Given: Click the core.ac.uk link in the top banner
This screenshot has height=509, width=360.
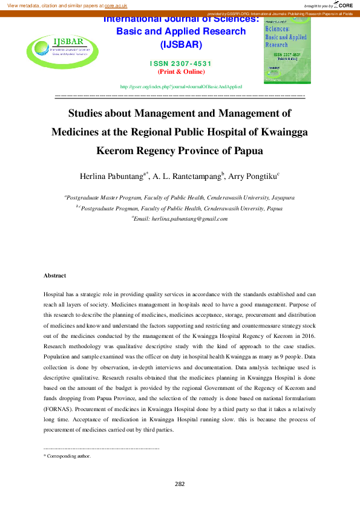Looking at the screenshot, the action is point(116,5).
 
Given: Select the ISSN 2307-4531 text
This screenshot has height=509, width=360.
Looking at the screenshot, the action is point(182,64).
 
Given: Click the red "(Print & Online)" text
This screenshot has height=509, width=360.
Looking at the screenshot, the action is point(182,72).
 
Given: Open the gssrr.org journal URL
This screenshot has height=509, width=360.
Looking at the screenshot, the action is point(182,87).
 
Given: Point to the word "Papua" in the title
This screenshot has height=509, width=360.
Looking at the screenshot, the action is point(248,151).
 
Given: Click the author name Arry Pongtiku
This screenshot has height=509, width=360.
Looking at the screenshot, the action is point(253,177).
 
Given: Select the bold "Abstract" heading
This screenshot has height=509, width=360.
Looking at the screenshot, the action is point(54,276).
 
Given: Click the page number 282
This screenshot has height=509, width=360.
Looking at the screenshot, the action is point(180,484).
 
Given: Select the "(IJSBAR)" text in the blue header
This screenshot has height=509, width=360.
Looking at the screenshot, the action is point(182,45).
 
